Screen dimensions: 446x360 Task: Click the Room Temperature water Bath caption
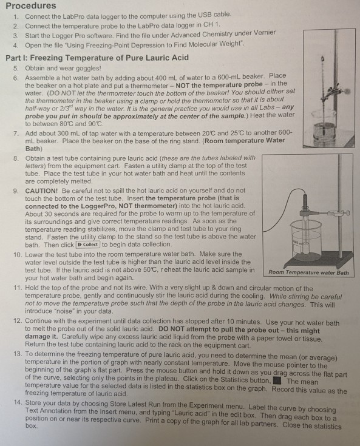(x=308, y=272)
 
